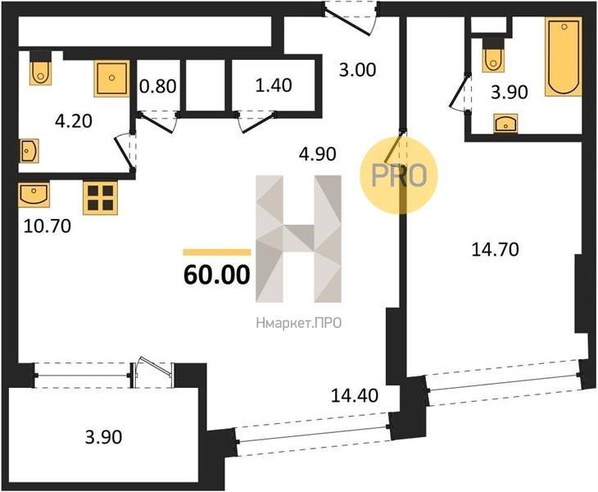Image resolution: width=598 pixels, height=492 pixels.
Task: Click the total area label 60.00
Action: click(216, 275)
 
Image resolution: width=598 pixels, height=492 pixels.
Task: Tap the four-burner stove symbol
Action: click(100, 198)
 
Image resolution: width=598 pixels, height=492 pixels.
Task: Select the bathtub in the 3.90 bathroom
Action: click(564, 57)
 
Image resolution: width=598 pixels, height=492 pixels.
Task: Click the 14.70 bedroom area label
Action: click(495, 249)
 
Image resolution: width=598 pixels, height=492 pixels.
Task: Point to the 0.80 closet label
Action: click(158, 86)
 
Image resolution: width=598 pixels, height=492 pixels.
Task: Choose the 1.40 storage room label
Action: click(274, 85)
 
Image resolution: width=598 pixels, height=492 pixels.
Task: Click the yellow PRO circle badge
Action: click(399, 175)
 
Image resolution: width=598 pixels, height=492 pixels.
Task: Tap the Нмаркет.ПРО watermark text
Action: click(299, 324)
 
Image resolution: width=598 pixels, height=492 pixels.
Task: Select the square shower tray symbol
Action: click(111, 79)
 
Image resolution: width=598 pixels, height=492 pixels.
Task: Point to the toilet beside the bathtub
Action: click(493, 57)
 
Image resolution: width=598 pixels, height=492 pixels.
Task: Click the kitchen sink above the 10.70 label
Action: click(34, 194)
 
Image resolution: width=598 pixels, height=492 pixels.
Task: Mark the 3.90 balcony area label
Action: click(103, 437)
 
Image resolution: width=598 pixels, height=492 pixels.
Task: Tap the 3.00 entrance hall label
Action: click(357, 70)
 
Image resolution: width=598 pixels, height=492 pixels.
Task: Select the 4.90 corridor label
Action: click(317, 154)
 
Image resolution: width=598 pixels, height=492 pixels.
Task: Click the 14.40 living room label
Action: click(355, 395)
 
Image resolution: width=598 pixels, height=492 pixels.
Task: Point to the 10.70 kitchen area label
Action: click(48, 226)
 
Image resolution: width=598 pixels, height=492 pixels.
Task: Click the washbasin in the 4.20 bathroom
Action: click(29, 151)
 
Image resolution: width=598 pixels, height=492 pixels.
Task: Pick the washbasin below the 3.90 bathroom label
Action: click(505, 123)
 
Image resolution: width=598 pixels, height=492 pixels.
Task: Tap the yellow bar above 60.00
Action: click(217, 253)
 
